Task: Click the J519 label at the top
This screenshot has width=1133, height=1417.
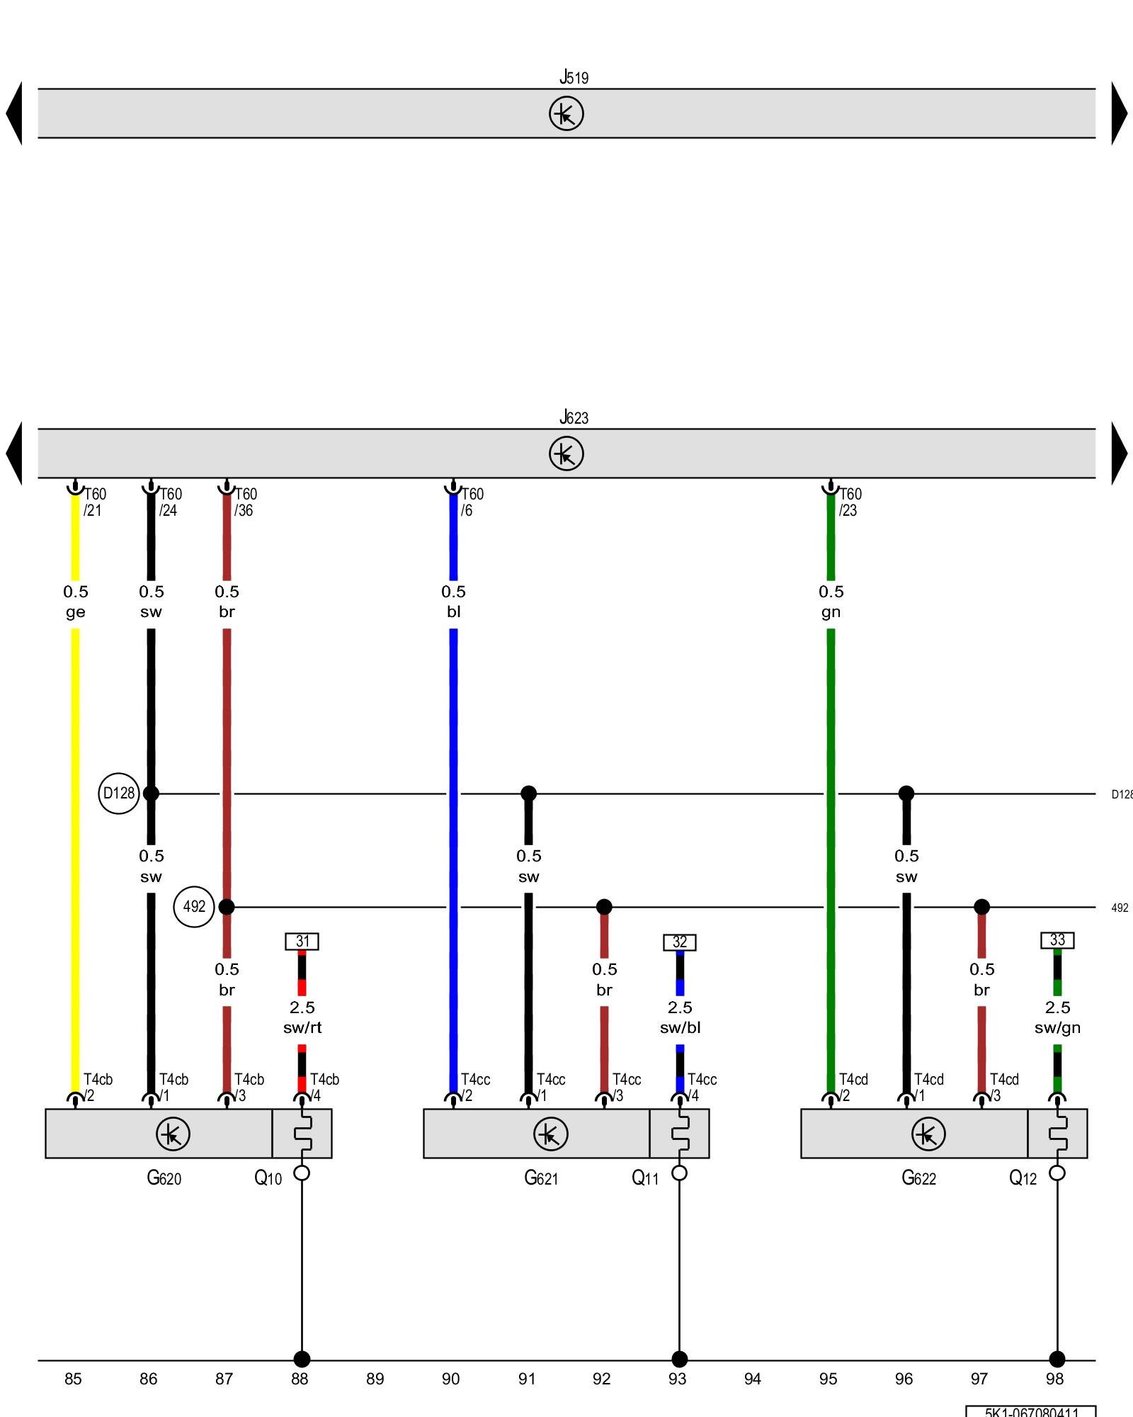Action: click(x=574, y=77)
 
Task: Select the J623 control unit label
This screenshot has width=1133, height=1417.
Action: click(x=574, y=417)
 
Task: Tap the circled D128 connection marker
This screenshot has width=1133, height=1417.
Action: click(x=118, y=793)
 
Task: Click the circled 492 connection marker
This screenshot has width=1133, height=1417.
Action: click(x=194, y=906)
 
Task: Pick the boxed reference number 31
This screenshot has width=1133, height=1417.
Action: click(x=302, y=941)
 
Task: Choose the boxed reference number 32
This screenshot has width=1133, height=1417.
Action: click(x=680, y=942)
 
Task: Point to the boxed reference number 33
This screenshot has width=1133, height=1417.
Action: click(x=1057, y=939)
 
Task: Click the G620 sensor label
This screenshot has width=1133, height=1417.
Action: click(x=164, y=1178)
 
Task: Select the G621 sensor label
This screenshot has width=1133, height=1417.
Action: click(x=541, y=1178)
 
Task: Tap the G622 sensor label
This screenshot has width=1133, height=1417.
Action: click(x=918, y=1178)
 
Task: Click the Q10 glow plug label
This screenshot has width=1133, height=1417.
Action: click(x=268, y=1178)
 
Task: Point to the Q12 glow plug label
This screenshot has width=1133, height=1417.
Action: click(x=1023, y=1178)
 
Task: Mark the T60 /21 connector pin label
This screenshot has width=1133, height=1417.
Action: click(x=95, y=502)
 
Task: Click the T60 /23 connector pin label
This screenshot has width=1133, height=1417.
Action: click(x=850, y=502)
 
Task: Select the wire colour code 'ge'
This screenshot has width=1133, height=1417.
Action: click(x=75, y=612)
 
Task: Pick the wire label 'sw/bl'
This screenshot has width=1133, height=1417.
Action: click(x=680, y=1027)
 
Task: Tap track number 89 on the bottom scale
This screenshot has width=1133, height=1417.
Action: click(x=375, y=1379)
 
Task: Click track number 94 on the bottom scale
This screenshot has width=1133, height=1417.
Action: click(x=753, y=1379)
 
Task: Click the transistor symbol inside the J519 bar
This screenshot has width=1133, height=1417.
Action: click(x=566, y=113)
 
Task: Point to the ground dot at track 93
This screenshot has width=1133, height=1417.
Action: click(x=679, y=1359)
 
